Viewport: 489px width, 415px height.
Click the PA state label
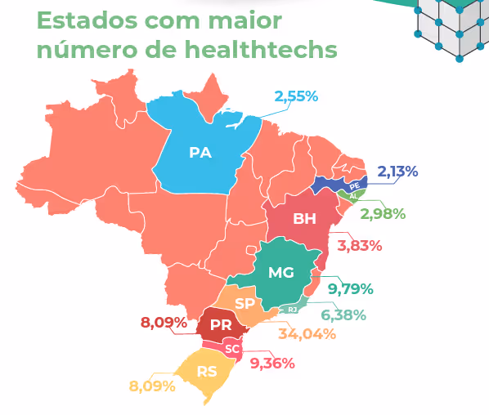tap(200, 152)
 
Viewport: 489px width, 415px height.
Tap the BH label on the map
tap(304, 219)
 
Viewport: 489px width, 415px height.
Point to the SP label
tap(244, 304)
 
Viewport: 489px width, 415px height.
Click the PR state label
tap(220, 325)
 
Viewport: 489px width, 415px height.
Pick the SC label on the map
tap(232, 349)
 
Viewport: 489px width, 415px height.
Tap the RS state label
tap(207, 371)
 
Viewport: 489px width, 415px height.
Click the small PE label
tap(354, 186)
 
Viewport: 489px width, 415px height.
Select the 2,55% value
tap(296, 97)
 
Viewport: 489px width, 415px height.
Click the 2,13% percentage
tap(397, 172)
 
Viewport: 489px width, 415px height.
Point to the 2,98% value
tap(383, 214)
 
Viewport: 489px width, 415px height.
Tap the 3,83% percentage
tap(360, 245)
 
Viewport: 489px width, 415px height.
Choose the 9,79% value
tap(351, 288)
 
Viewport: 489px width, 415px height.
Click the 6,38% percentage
tap(343, 315)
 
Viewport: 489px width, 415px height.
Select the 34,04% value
tap(307, 333)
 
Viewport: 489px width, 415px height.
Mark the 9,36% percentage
tap(272, 363)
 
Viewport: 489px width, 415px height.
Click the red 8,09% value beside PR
tap(163, 322)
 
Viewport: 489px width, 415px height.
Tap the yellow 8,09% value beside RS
tap(152, 384)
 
